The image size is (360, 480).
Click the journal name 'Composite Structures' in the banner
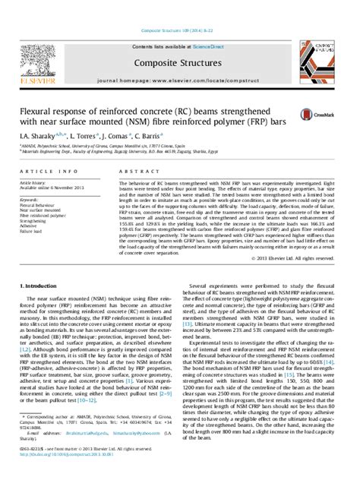click(180, 65)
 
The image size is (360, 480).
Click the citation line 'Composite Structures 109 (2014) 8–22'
click(180, 31)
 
